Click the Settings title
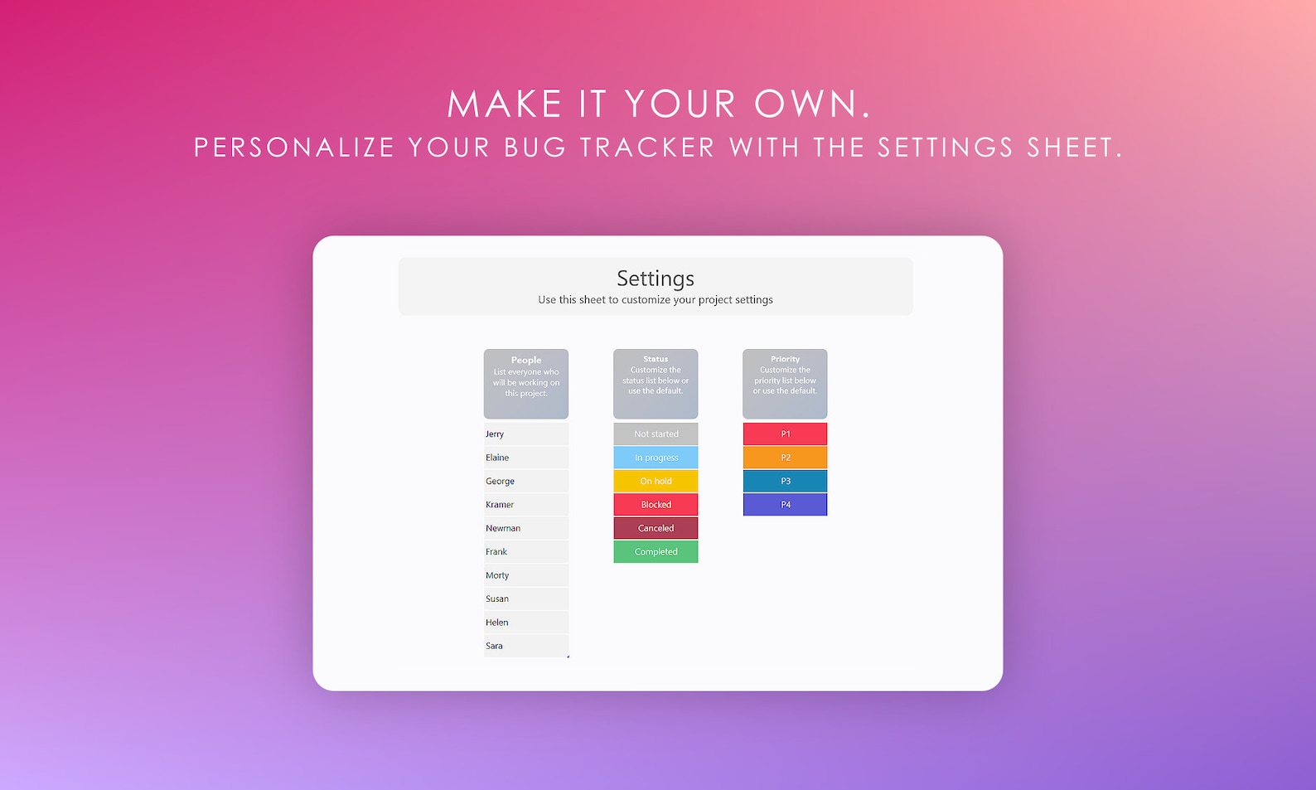tap(655, 279)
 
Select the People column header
tap(526, 383)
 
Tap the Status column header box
tap(656, 383)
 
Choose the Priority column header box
tap(785, 383)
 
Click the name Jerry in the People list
tap(496, 434)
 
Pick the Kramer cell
tap(501, 505)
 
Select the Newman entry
tap(504, 528)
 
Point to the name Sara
tap(495, 646)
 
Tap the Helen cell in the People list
tap(497, 623)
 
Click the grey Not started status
tap(656, 434)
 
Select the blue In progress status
tap(656, 458)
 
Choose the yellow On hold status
tap(656, 481)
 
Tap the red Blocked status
tap(656, 505)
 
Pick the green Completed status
tap(656, 552)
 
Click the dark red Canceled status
tap(656, 528)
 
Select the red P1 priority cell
tap(785, 434)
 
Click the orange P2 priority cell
tap(785, 458)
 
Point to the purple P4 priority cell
tap(785, 505)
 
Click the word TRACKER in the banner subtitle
tap(647, 148)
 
